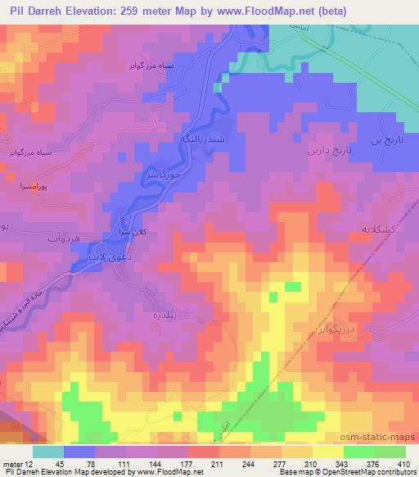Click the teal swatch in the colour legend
[x=48, y=450]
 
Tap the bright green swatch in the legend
[x=358, y=450]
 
